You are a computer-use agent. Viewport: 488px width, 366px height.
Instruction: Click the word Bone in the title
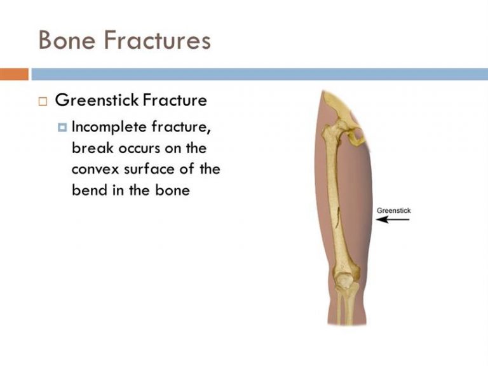(x=67, y=40)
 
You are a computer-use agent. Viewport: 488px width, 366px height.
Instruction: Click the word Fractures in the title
(x=158, y=40)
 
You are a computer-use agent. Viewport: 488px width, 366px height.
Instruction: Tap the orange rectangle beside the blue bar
(x=14, y=74)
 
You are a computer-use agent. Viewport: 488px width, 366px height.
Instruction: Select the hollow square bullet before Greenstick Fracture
(x=43, y=102)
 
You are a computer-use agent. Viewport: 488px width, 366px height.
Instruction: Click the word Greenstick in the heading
(x=97, y=100)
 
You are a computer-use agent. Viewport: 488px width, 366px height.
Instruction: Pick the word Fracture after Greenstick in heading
(x=175, y=100)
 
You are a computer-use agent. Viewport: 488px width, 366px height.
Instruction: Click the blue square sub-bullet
(x=62, y=127)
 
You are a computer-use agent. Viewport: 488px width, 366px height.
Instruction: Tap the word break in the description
(x=92, y=148)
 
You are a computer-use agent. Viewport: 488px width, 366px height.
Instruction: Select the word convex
(x=95, y=170)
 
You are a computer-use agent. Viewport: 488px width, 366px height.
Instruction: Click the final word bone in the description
(x=172, y=190)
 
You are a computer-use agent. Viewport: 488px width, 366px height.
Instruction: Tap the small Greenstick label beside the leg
(x=394, y=211)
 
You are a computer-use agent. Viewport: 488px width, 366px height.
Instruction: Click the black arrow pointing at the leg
(x=393, y=219)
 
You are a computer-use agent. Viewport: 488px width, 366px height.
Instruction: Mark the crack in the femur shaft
(x=337, y=219)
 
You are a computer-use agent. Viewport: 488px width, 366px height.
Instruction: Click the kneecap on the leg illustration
(x=344, y=280)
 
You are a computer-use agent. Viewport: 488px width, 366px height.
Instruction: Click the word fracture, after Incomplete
(x=181, y=127)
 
